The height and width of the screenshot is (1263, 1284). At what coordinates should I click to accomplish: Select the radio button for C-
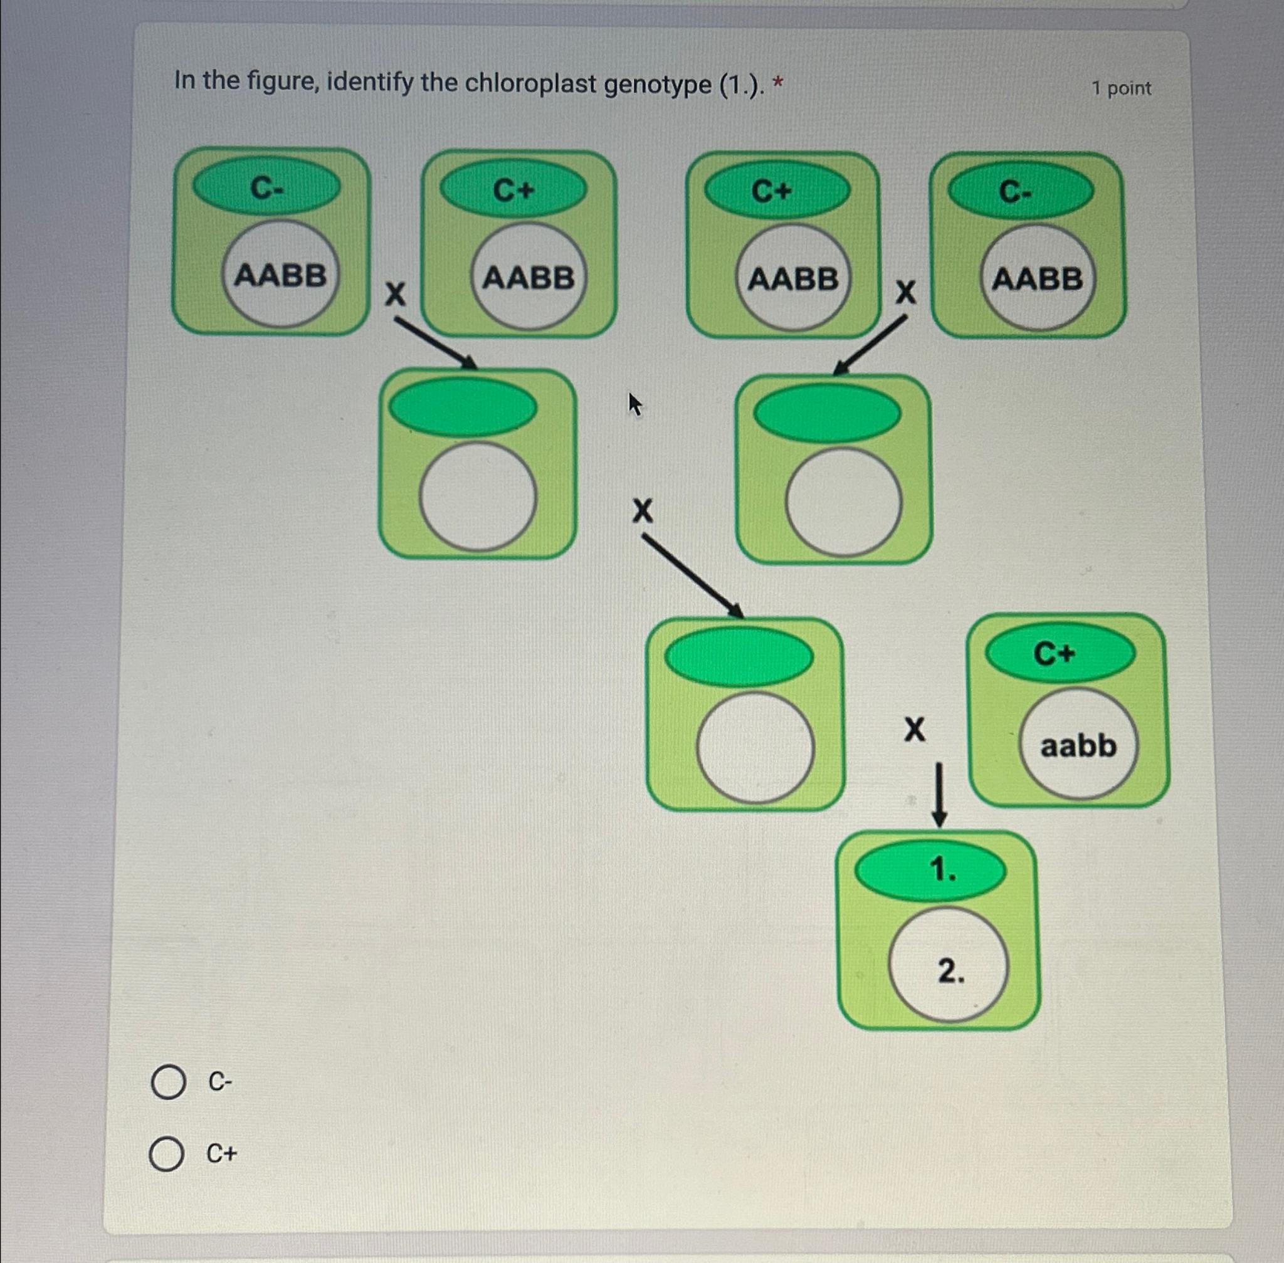point(168,1082)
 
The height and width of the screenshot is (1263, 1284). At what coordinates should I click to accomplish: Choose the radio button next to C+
point(166,1154)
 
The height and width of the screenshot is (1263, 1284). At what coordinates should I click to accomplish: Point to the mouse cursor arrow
point(634,403)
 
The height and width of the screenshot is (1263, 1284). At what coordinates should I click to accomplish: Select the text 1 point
point(1121,88)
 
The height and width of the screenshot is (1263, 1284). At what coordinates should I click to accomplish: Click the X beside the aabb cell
point(914,730)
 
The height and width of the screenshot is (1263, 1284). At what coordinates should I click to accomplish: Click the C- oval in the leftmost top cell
point(266,187)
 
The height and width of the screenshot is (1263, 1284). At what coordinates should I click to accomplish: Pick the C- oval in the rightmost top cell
point(1021,191)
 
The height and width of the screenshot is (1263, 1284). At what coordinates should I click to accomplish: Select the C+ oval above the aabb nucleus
point(1060,653)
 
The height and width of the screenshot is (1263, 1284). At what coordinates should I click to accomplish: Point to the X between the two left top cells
point(396,293)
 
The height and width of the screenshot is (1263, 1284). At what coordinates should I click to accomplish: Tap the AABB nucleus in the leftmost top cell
point(280,275)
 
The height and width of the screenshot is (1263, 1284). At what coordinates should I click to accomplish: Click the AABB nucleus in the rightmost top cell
point(1036,277)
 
